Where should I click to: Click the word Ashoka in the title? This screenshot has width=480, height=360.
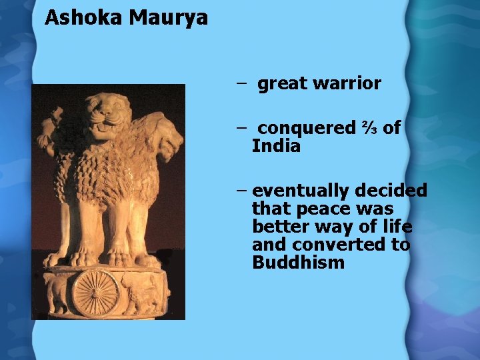[x=84, y=17]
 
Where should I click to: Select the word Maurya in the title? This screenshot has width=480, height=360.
[x=169, y=17]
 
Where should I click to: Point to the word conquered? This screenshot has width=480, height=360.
[x=306, y=128]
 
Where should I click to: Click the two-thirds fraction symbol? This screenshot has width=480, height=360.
[x=369, y=128]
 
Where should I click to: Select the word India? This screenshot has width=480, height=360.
[x=276, y=146]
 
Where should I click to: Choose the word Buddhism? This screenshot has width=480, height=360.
[x=298, y=263]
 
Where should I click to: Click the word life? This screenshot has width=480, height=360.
[x=398, y=227]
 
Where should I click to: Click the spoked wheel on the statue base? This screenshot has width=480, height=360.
[x=95, y=292]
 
